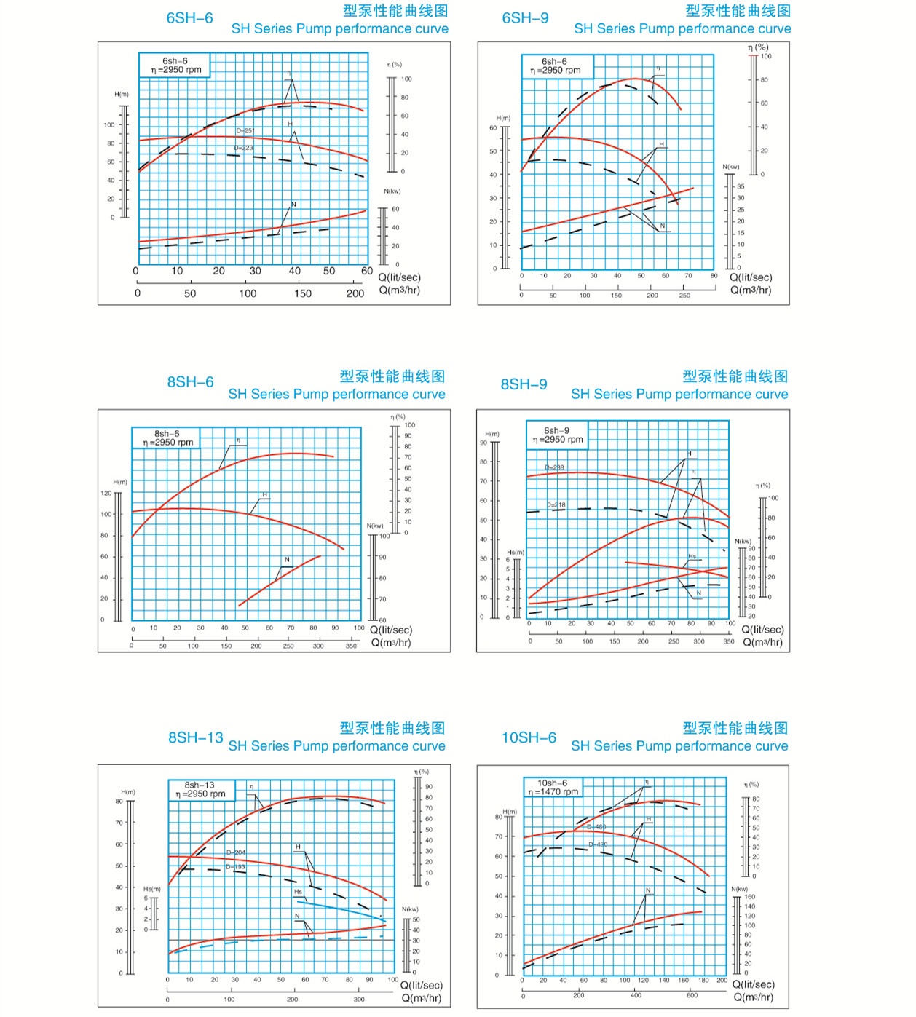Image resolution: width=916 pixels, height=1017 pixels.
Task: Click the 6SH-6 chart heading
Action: pyautogui.click(x=189, y=18)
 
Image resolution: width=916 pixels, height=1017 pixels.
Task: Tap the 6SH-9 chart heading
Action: pyautogui.click(x=525, y=18)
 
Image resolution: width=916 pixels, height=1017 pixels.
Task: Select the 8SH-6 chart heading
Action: pyautogui.click(x=190, y=382)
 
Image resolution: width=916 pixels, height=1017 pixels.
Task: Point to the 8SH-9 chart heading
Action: pyautogui.click(x=524, y=384)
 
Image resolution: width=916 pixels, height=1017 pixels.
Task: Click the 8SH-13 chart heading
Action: pyautogui.click(x=195, y=737)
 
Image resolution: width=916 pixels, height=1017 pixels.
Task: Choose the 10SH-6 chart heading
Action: pyautogui.click(x=529, y=737)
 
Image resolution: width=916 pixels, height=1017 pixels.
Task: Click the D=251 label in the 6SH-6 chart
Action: pyautogui.click(x=245, y=131)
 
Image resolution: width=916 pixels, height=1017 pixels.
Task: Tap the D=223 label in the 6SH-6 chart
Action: pyautogui.click(x=244, y=148)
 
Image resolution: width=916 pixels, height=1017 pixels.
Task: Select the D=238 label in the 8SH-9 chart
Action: pyautogui.click(x=554, y=467)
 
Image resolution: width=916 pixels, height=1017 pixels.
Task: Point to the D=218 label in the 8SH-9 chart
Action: pyautogui.click(x=556, y=504)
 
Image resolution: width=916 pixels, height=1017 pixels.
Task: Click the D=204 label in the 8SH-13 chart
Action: pyautogui.click(x=236, y=852)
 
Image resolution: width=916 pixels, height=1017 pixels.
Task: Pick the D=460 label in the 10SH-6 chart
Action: pyautogui.click(x=596, y=827)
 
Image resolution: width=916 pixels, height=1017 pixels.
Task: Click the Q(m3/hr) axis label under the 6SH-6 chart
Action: pyautogui.click(x=399, y=290)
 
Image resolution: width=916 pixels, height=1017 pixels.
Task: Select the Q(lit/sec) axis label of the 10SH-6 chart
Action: pyautogui.click(x=754, y=984)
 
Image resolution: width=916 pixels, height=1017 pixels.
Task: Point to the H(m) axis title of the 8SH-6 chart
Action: pyautogui.click(x=120, y=482)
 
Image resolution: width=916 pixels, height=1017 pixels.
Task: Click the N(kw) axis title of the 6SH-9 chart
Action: pyautogui.click(x=731, y=167)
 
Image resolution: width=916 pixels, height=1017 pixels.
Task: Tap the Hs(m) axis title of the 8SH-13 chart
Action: pyautogui.click(x=151, y=889)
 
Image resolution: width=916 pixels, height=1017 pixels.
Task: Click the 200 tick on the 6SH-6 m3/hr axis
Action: pyautogui.click(x=355, y=293)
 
